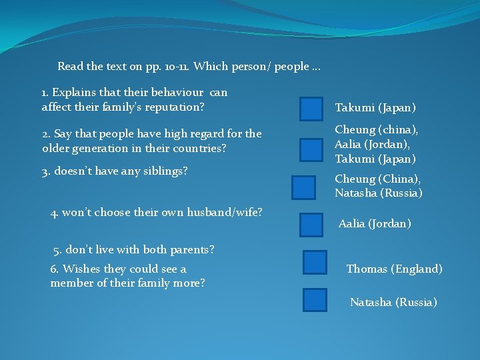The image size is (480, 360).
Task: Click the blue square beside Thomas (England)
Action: pos(315,263)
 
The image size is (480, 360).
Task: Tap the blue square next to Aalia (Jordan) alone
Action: pos(311,225)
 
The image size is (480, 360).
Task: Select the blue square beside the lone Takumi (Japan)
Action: pos(311,109)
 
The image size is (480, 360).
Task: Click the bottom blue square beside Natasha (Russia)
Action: pos(315,300)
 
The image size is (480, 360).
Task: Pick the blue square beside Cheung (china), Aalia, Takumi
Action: pos(311,150)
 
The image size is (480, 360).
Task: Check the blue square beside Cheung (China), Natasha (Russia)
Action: pos(304,187)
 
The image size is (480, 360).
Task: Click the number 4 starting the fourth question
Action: pos(54,213)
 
